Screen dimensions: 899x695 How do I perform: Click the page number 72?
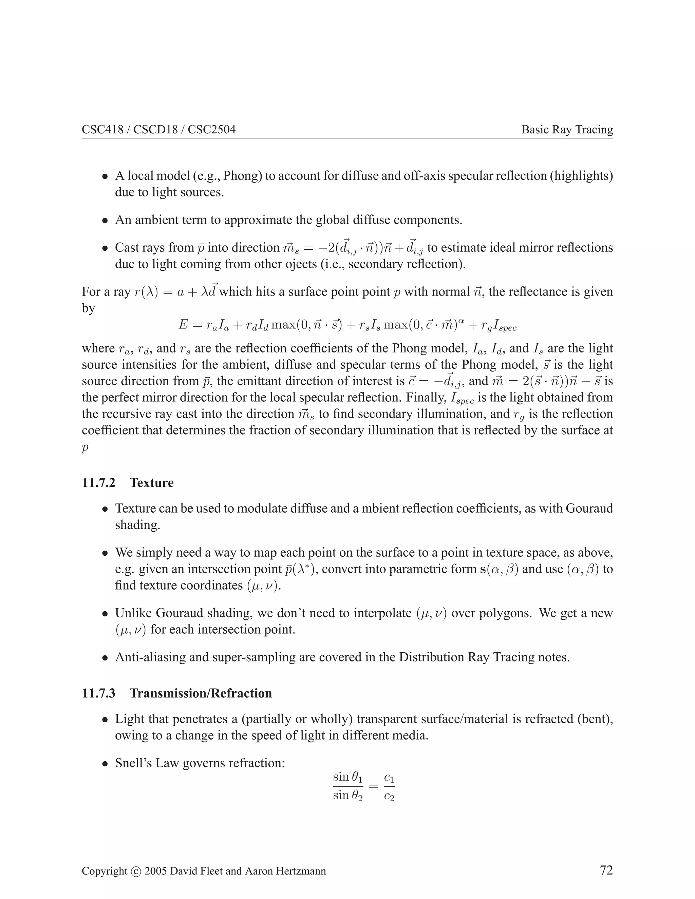tap(606, 870)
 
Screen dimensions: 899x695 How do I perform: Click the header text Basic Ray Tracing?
tap(567, 130)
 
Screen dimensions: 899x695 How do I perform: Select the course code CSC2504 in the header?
tap(212, 130)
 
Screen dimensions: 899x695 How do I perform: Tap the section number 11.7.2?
tap(99, 482)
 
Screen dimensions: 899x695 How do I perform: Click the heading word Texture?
tap(151, 482)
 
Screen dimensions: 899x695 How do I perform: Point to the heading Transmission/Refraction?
tap(201, 693)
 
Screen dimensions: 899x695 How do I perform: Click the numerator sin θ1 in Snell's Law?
tap(347, 777)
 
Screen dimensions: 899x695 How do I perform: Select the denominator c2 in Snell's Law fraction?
tap(389, 797)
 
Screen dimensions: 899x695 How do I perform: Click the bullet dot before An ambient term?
tap(106, 221)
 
